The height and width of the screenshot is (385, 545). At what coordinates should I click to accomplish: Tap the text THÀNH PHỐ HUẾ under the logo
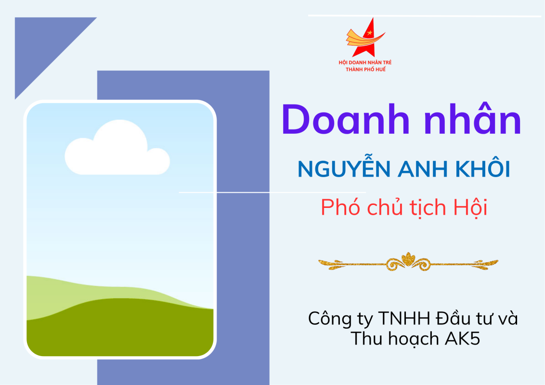365,69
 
